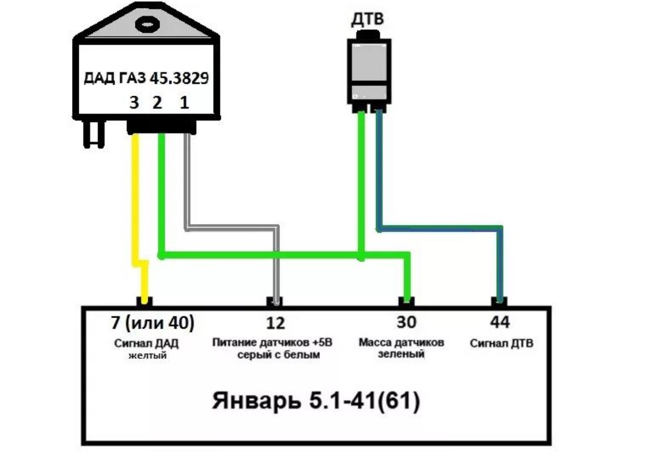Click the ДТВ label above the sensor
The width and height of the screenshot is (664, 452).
coord(367,20)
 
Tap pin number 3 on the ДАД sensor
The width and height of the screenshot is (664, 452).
coord(134,103)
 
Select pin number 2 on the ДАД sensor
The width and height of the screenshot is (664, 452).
coord(157,103)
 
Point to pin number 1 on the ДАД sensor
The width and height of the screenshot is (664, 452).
coord(183,103)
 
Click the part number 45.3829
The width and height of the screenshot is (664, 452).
coord(180,79)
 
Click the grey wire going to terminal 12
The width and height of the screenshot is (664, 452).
coord(232,226)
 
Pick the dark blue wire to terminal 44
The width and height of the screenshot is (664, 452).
coord(440,227)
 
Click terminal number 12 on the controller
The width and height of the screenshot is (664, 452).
coord(276,323)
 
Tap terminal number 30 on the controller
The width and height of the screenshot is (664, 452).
coord(407,323)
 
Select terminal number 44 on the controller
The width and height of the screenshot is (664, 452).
coord(499,323)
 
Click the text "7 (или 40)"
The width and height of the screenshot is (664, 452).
coord(153,323)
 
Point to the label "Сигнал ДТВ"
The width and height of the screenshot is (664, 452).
coord(501,343)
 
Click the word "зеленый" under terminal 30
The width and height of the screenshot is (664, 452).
coord(401,354)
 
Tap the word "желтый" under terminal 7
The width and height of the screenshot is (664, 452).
coord(147,354)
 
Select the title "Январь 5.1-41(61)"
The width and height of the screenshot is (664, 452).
coord(316,402)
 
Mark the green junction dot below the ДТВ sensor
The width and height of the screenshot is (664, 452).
coord(361,255)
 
